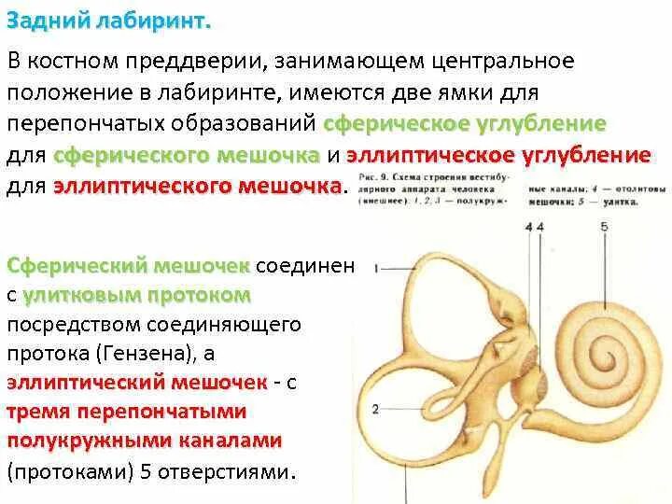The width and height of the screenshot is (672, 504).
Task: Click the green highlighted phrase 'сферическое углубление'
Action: [465, 124]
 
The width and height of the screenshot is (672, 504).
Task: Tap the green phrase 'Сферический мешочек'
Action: [128, 266]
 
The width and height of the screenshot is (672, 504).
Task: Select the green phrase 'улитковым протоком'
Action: [137, 295]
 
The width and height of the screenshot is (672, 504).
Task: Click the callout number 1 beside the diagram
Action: [376, 269]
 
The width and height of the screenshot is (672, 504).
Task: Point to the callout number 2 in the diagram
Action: [375, 409]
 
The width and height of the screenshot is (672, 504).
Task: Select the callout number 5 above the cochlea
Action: [604, 226]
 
